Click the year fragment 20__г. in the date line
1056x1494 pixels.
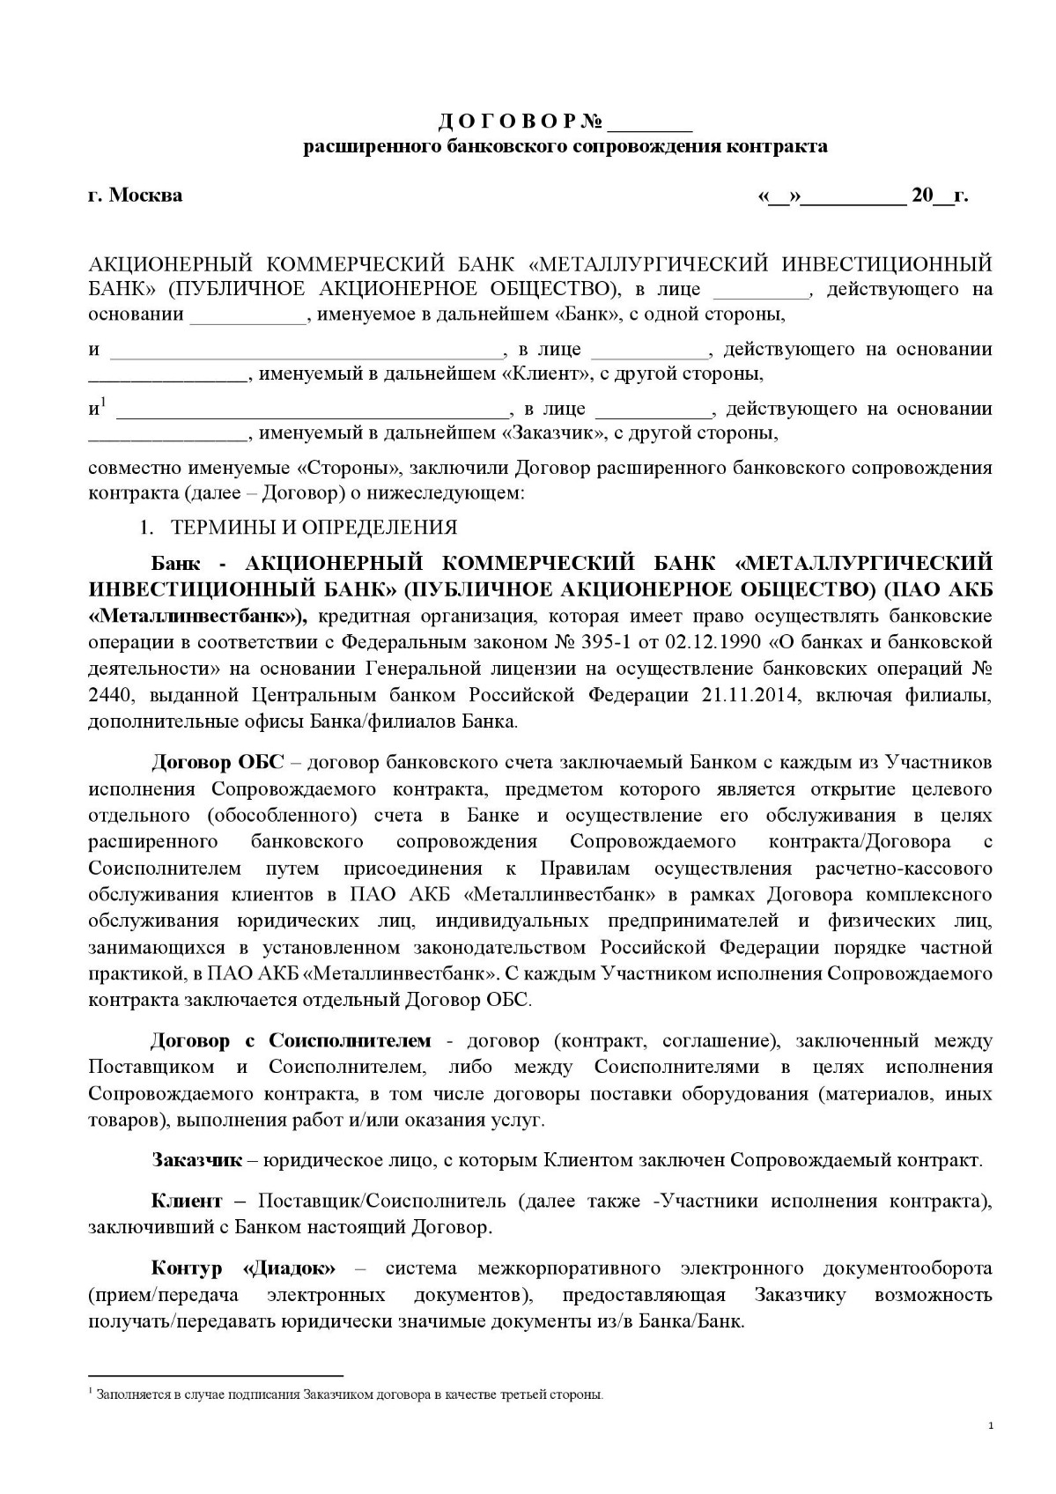[x=940, y=196]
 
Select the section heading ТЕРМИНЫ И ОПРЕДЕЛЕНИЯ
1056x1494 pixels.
[x=314, y=528]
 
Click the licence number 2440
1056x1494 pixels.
[x=110, y=695]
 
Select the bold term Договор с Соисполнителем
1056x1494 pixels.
[x=292, y=1041]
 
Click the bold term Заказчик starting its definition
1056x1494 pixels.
[x=196, y=1160]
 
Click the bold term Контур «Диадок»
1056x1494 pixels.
[x=244, y=1268]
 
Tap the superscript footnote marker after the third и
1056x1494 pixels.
[x=103, y=403]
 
